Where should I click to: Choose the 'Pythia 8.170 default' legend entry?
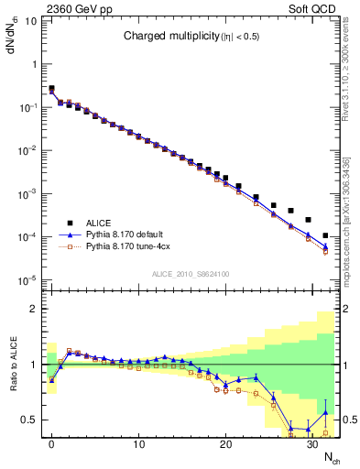127,234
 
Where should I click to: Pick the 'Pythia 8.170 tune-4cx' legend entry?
129,246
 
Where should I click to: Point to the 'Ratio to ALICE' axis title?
13,364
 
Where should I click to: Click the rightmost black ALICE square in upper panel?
325,236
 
